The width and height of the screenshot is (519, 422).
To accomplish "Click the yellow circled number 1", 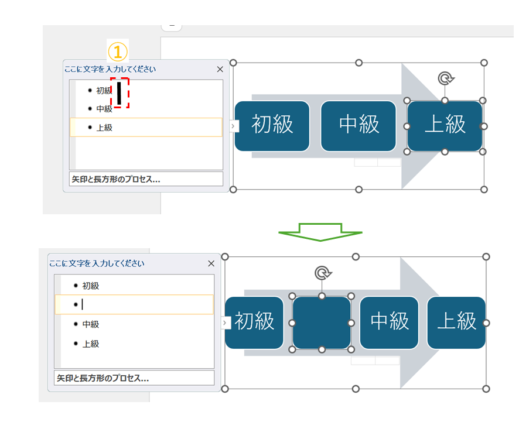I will point(117,51).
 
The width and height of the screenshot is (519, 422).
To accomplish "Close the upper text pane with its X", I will point(220,69).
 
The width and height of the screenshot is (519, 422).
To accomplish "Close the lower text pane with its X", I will point(211,263).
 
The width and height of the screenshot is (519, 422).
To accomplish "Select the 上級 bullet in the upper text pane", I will point(104,127).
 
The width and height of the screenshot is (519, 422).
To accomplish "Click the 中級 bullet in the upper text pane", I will point(104,108).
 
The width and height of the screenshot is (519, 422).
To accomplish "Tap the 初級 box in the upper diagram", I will point(272,125).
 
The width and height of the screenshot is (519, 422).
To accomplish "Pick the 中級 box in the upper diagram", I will point(358,125).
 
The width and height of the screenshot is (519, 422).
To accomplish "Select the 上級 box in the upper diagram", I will point(445,125).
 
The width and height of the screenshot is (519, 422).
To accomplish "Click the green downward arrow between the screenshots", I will point(320,231).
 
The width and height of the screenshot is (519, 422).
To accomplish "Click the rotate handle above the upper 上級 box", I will point(445,78).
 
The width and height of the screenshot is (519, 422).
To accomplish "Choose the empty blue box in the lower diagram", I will point(321,322).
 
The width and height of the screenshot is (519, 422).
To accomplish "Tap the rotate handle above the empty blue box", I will point(322,273).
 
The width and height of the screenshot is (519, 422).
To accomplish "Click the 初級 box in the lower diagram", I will point(254,322).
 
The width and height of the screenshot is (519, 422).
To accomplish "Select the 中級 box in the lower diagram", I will point(389,322).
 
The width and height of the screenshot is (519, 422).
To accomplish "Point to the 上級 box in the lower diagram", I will point(456,322).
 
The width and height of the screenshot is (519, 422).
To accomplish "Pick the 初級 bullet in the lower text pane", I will point(90,286).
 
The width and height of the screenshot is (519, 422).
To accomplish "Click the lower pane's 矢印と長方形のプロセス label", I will point(102,378).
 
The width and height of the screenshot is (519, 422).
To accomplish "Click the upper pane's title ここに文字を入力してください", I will point(110,69).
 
